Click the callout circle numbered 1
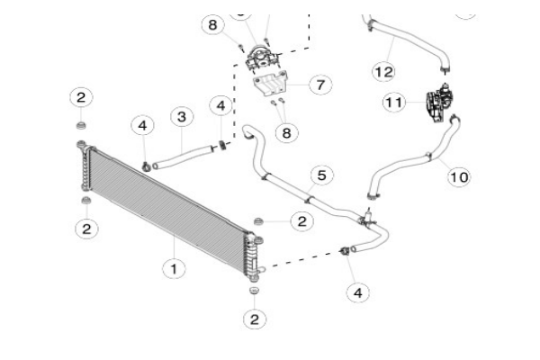(173, 267)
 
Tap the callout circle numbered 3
(182, 117)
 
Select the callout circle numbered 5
(320, 175)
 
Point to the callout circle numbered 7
(319, 85)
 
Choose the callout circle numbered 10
(458, 176)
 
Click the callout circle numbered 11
(394, 103)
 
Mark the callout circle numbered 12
(383, 70)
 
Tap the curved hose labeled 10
(414, 166)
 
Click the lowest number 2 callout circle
(255, 319)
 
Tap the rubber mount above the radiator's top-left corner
(81, 125)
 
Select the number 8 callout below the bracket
(286, 132)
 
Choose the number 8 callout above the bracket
(212, 24)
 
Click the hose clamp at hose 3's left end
(146, 165)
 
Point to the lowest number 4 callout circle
(358, 292)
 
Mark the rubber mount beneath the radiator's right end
(253, 291)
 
